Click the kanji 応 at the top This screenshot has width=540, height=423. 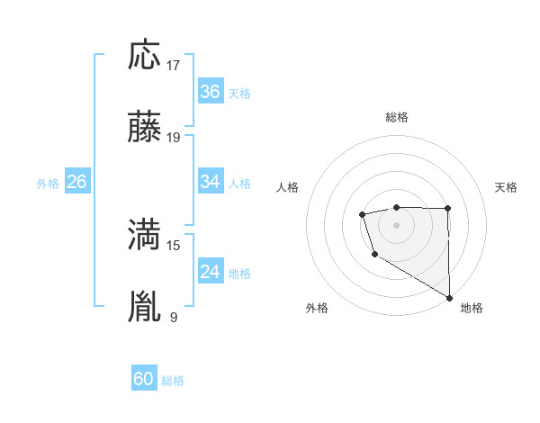(x=145, y=56)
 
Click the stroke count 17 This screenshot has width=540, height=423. (x=175, y=66)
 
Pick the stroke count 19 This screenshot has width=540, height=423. (x=175, y=139)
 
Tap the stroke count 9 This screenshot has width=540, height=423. (x=174, y=318)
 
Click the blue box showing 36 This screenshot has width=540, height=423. (x=211, y=92)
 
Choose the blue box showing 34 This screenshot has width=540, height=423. (x=211, y=182)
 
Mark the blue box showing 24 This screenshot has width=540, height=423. (x=211, y=272)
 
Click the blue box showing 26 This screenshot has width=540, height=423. (x=77, y=182)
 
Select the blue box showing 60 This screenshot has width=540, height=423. (x=144, y=379)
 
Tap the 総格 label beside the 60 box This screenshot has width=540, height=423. (x=174, y=381)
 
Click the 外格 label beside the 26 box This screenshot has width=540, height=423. (x=48, y=184)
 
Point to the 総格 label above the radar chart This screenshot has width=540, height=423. (x=397, y=117)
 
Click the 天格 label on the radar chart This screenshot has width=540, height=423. (x=506, y=187)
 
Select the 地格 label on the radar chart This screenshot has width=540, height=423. (x=472, y=308)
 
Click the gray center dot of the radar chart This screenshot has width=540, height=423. (x=396, y=223)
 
